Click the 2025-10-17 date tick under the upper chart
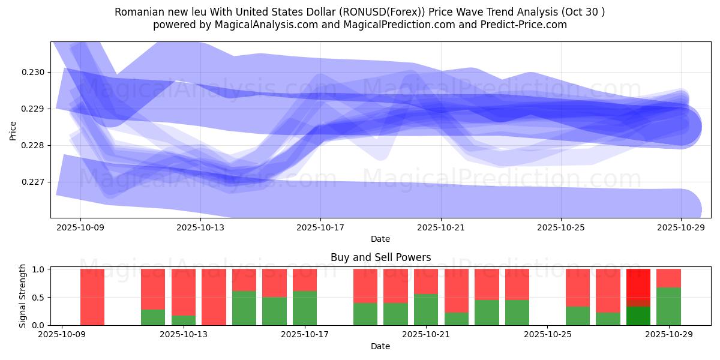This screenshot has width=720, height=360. [x=320, y=227]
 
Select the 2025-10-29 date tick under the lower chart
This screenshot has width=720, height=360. [x=668, y=335]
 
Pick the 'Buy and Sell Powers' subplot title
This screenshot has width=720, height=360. [x=380, y=257]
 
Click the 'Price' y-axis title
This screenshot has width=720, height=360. [x=13, y=130]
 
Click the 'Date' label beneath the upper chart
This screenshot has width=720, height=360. [x=380, y=239]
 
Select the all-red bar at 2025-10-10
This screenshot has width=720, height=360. [x=92, y=297]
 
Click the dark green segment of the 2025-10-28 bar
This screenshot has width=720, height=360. [x=638, y=316]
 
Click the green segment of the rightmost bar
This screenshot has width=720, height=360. [x=668, y=307]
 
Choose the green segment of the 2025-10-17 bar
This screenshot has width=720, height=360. [x=305, y=308]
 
